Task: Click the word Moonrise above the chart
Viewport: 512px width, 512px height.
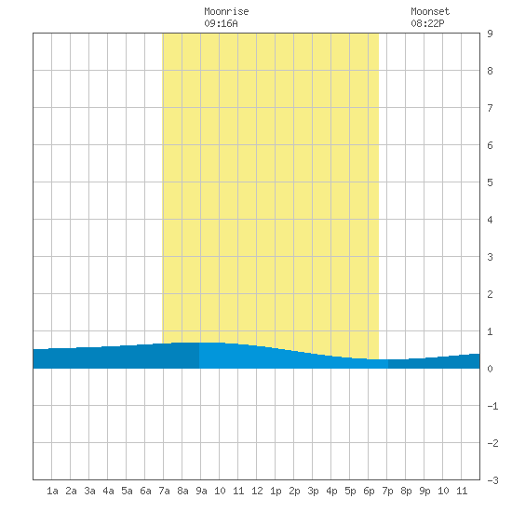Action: pyautogui.click(x=226, y=11)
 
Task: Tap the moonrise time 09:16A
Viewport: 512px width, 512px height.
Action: pyautogui.click(x=221, y=23)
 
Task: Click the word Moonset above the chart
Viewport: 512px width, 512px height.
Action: pyautogui.click(x=430, y=11)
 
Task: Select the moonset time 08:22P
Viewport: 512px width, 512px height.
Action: pyautogui.click(x=427, y=23)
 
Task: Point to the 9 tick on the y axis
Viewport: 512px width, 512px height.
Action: pyautogui.click(x=490, y=34)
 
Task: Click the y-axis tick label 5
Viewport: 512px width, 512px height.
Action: pyautogui.click(x=490, y=182)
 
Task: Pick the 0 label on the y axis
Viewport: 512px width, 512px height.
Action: pyautogui.click(x=490, y=369)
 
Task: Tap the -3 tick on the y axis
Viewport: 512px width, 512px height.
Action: pyautogui.click(x=492, y=480)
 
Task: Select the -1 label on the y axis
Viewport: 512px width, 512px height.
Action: pyautogui.click(x=492, y=406)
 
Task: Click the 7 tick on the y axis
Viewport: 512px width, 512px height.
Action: pyautogui.click(x=490, y=108)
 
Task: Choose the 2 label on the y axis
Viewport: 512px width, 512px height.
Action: pyautogui.click(x=490, y=294)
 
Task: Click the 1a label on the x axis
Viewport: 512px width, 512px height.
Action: pyautogui.click(x=52, y=491)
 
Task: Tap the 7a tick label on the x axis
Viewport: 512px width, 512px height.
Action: pyautogui.click(x=164, y=491)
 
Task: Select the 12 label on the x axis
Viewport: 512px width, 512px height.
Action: pyautogui.click(x=257, y=491)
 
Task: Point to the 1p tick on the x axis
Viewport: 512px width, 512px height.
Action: pyautogui.click(x=276, y=491)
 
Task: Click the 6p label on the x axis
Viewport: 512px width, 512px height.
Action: pyautogui.click(x=369, y=491)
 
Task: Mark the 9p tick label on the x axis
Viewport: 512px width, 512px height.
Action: pyautogui.click(x=424, y=491)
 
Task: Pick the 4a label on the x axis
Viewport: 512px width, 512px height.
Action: pyautogui.click(x=108, y=491)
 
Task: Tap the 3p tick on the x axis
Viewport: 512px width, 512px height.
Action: pyautogui.click(x=313, y=491)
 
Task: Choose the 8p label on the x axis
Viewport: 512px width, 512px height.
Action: pyautogui.click(x=406, y=491)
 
